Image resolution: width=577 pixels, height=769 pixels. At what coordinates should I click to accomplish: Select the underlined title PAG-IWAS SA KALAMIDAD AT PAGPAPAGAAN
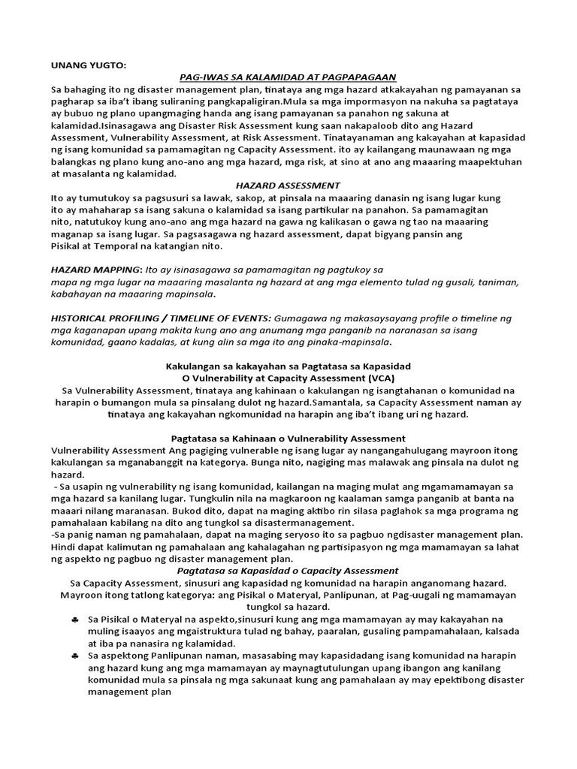point(288,77)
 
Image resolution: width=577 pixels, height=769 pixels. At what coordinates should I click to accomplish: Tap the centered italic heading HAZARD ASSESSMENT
point(288,185)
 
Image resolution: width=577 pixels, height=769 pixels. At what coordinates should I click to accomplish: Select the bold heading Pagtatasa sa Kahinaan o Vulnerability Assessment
point(288,438)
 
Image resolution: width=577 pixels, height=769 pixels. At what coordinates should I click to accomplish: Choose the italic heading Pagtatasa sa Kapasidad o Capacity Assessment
point(288,571)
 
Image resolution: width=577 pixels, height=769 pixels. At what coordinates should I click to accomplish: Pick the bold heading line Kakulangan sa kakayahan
point(288,365)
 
